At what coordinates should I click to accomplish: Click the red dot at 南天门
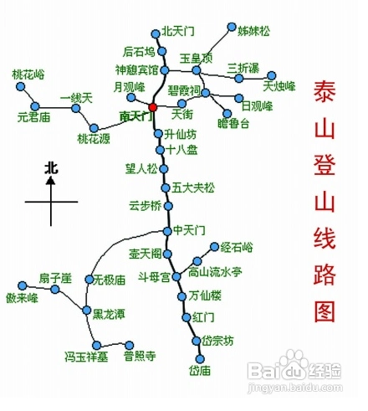coord(152,107)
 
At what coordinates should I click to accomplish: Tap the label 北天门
coord(178,31)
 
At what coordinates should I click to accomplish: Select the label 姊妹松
coord(254,31)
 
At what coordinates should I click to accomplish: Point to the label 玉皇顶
coord(197,58)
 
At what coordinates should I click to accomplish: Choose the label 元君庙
coord(33,117)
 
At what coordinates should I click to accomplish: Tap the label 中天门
coord(190,230)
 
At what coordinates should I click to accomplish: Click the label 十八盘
coord(182,150)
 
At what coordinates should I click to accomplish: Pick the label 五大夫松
coord(193,187)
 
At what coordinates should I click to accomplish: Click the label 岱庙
coord(199,370)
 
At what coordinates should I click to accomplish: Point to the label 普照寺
coord(140,356)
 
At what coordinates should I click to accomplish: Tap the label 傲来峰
coord(23,298)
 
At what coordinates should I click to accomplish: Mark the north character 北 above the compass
coord(51,168)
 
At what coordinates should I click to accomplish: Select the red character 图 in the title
coord(324,311)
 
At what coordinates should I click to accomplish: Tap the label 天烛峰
coord(280,85)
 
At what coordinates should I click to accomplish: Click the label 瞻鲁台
coord(233,123)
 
